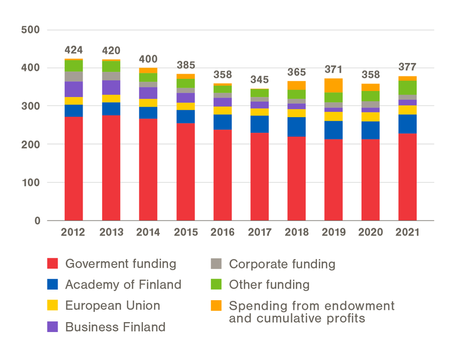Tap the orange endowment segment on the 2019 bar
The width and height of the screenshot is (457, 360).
[x=333, y=85]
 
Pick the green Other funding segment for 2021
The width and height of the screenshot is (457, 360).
[x=407, y=88]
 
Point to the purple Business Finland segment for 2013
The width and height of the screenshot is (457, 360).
[x=110, y=88]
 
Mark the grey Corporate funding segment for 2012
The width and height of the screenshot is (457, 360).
[x=74, y=76]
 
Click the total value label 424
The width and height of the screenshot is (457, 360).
[x=74, y=51]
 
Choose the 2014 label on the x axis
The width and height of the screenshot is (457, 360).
[x=147, y=233]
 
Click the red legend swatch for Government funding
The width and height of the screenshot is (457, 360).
[x=52, y=264]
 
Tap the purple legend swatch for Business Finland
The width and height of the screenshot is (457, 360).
[x=52, y=327]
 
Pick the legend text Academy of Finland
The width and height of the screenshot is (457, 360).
[x=123, y=285]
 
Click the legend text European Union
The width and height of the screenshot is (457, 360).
[x=113, y=306]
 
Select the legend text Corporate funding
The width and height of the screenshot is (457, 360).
[x=282, y=264]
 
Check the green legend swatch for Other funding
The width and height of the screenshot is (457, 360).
[x=217, y=285]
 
